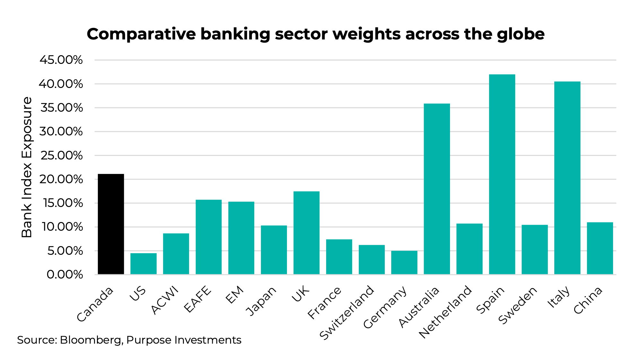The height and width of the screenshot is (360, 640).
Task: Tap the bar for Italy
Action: [x=567, y=178]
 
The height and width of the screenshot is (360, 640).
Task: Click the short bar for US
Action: [x=143, y=263]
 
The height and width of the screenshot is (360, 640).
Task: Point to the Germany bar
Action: [x=404, y=262]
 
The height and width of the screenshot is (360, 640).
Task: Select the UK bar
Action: [x=306, y=233]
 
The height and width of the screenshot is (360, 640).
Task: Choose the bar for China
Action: [x=600, y=248]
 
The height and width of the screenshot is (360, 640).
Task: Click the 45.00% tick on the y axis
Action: [x=61, y=60]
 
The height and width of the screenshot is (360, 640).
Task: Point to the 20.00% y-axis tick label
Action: [x=61, y=179]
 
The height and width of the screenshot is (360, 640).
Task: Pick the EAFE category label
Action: [x=198, y=299]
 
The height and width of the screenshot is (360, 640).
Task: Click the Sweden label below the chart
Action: [x=517, y=305]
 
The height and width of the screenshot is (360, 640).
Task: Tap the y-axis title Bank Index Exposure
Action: [x=27, y=167]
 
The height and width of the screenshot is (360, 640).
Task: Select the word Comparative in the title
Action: [x=141, y=34]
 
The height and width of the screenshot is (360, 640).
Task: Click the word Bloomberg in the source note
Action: [x=90, y=340]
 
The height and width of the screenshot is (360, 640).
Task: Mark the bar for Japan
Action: [x=273, y=250]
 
